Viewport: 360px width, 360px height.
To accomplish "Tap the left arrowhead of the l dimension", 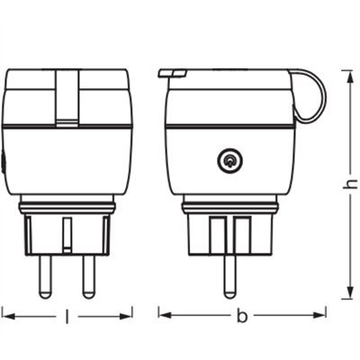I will point(6,315).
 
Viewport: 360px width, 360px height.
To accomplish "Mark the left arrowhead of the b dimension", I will point(163,315).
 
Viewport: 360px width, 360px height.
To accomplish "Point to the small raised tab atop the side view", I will point(172,70).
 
